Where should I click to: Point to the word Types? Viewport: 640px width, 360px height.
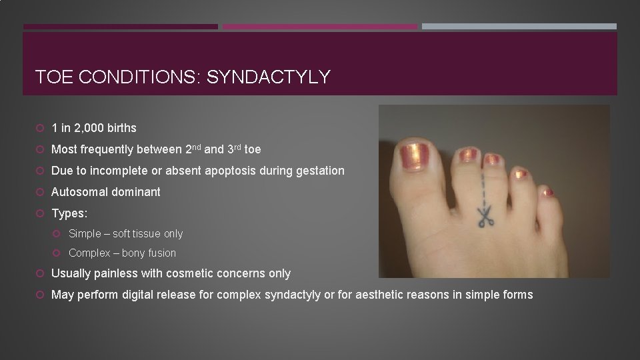pos(69,213)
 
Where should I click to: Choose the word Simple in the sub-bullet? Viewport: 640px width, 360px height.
pos(85,234)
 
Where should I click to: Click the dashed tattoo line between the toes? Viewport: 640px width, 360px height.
pos(481,183)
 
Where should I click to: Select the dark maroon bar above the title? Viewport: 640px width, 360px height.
pos(121,27)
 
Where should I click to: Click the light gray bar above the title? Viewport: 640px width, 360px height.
pos(519,27)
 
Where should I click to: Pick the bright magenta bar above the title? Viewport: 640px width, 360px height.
pos(319,27)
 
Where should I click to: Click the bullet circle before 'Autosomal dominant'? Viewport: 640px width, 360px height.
pos(41,192)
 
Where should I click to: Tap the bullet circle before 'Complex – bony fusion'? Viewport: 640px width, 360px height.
pos(59,253)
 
